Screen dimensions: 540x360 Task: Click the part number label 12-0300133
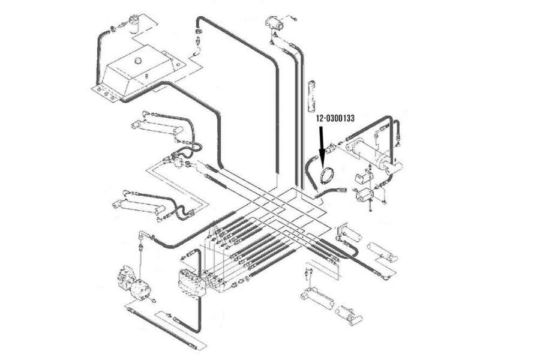335,119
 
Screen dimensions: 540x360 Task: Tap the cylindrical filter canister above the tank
134,24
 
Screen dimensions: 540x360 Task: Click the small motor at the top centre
275,22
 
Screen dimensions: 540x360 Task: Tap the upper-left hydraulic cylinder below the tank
157,127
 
